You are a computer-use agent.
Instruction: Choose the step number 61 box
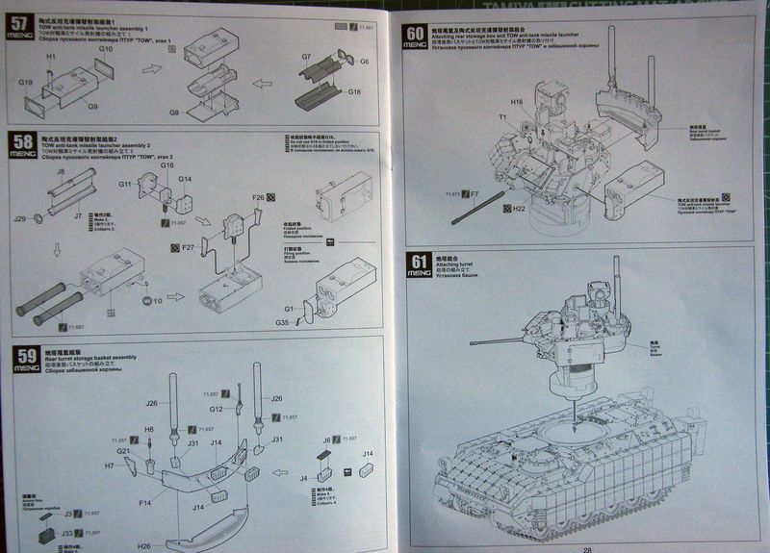tap(416, 262)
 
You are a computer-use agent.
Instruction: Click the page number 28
tap(587, 544)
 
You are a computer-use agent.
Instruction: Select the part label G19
tap(25, 84)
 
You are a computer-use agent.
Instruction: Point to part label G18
tap(354, 91)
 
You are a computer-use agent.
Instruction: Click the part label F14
tap(144, 501)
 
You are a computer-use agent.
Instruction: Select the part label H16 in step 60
tap(517, 101)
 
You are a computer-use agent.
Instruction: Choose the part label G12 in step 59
tap(217, 409)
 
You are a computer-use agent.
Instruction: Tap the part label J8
tap(60, 171)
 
